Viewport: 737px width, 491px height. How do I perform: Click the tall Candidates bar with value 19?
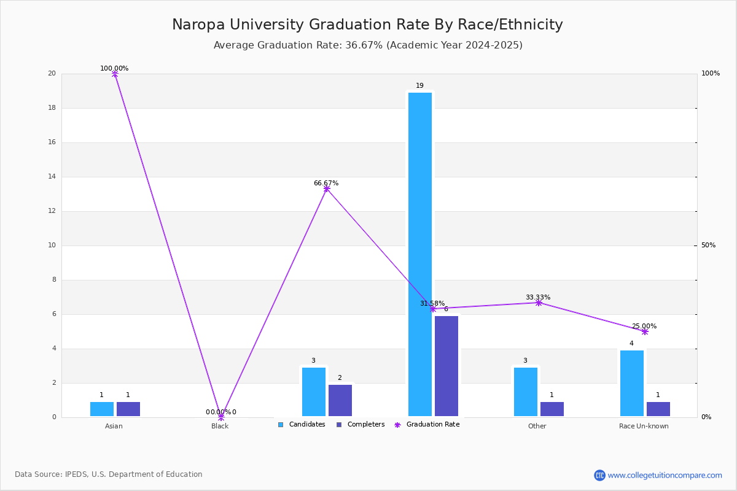(x=420, y=254)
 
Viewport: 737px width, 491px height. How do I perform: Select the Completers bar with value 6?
(x=446, y=366)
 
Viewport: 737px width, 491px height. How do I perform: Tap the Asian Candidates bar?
(x=102, y=409)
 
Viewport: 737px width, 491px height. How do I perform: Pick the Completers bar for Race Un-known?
(x=658, y=409)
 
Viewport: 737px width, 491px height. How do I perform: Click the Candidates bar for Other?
(x=526, y=392)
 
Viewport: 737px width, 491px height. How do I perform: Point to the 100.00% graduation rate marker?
(x=115, y=74)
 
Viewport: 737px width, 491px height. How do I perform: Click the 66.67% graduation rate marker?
(x=327, y=188)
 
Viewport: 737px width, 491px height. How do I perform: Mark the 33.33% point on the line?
(x=539, y=303)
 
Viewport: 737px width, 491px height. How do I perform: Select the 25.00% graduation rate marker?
(x=645, y=331)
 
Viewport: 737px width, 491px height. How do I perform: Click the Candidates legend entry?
(x=302, y=425)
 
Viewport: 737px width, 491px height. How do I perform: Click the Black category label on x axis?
(x=220, y=426)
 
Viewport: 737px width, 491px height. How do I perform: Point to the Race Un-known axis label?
(x=644, y=426)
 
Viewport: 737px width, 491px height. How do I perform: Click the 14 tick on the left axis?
(x=52, y=177)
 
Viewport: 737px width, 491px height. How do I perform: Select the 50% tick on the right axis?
(x=708, y=245)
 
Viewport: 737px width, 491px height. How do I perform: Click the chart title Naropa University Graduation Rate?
(x=367, y=25)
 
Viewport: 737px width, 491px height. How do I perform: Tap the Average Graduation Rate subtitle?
(x=368, y=45)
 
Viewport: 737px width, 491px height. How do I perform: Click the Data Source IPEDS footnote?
(x=109, y=474)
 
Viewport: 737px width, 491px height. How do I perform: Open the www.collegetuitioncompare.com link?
(x=665, y=475)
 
